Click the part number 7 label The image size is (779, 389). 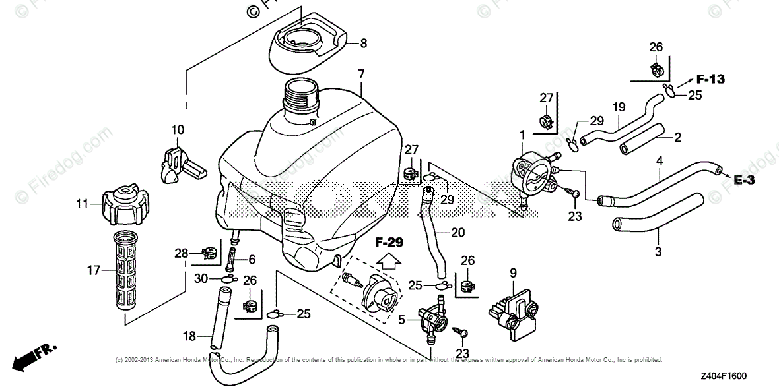(360, 75)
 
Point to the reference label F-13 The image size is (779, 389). (710, 79)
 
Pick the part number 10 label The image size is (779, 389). (178, 129)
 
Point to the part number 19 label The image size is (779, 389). (618, 106)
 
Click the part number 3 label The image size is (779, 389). (658, 251)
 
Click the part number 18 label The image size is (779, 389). (189, 336)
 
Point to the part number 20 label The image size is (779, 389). (457, 232)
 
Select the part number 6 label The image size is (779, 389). (252, 259)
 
